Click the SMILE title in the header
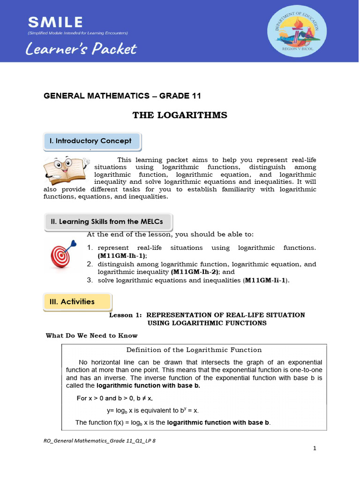56,22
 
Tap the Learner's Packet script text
82,49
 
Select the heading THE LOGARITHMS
180,115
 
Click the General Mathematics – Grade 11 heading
122,96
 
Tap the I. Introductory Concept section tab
91,141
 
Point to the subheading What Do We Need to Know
91,336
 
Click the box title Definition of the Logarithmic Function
194,350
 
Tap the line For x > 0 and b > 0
121,398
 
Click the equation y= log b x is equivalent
153,411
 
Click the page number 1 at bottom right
315,449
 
